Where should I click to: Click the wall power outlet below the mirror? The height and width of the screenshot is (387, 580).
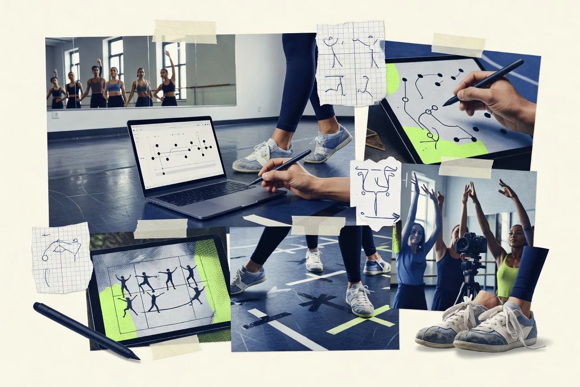pyautogui.click(x=55, y=115)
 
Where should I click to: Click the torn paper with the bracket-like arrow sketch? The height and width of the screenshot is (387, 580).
pyautogui.click(x=375, y=193)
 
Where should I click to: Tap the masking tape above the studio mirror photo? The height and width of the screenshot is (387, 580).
pyautogui.click(x=184, y=31)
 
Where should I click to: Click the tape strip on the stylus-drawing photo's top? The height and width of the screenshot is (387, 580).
pyautogui.click(x=458, y=45)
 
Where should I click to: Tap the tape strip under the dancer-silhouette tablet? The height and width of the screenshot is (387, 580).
pyautogui.click(x=175, y=347)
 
